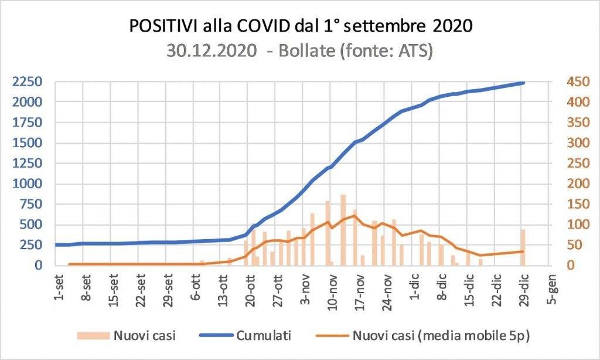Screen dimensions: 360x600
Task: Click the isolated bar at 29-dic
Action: pos(523,247)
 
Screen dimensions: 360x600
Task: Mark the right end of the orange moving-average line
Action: pos(523,252)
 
